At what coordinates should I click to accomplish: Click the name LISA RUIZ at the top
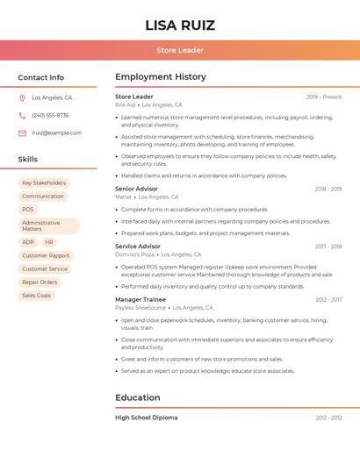tap(180, 25)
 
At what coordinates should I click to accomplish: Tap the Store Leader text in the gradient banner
tap(180, 50)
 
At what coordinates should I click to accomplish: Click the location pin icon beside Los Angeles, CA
tap(22, 98)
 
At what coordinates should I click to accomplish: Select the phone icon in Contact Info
tap(22, 116)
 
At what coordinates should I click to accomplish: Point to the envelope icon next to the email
tap(22, 133)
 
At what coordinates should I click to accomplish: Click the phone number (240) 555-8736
tap(50, 116)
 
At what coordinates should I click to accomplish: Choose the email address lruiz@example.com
tap(56, 133)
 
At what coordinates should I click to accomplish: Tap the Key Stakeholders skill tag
tap(44, 183)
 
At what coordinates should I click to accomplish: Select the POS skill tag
tap(28, 210)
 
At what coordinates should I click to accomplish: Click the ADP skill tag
tap(28, 242)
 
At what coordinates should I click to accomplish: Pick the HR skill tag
tap(49, 242)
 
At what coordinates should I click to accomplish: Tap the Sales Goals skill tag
tap(37, 296)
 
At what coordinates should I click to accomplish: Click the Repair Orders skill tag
tap(40, 283)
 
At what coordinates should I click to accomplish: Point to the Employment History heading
tap(161, 77)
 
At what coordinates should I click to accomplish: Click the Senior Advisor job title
tap(136, 189)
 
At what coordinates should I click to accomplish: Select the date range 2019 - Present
tap(324, 97)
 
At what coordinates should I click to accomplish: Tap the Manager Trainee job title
tap(140, 299)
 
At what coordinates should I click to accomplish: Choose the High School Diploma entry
tap(146, 418)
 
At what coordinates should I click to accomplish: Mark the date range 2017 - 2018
tap(328, 247)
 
